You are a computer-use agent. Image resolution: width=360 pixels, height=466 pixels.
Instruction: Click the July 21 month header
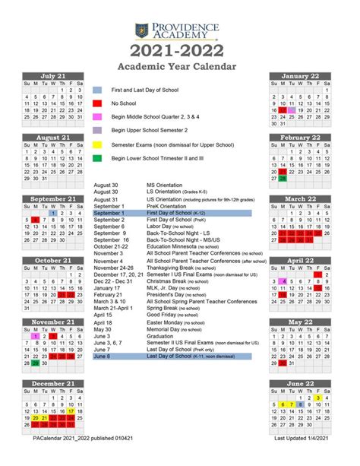53,76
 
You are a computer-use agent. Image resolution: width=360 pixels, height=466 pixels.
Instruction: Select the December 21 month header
53,384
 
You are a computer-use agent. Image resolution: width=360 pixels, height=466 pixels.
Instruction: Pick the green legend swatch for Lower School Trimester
98,158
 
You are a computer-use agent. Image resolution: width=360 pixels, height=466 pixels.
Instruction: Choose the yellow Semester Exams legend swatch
98,144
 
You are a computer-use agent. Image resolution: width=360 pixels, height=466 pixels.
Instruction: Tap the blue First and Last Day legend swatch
98,90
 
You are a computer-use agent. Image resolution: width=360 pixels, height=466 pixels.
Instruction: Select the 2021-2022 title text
179,51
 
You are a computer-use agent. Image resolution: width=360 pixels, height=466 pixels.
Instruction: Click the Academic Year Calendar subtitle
179,66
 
